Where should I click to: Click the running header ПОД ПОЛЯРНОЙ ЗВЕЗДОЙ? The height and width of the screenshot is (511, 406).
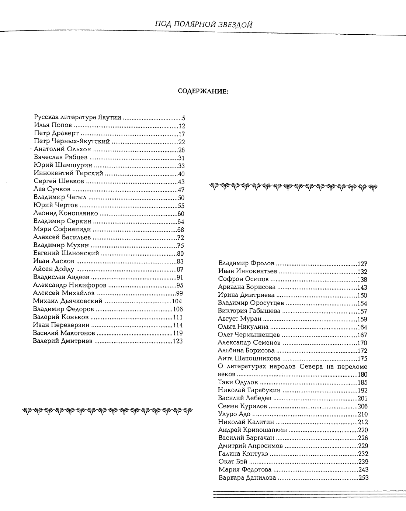[x=204, y=24]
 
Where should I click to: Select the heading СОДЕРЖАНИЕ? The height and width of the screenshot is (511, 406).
[x=203, y=91]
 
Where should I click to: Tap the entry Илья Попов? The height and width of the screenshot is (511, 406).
[x=53, y=125]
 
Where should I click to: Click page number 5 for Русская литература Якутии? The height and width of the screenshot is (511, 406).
[x=183, y=118]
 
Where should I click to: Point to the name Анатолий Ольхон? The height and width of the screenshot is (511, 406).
[x=62, y=149]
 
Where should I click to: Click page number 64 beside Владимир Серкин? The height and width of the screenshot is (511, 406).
[x=181, y=222]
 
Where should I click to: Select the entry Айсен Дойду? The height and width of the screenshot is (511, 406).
[x=54, y=269]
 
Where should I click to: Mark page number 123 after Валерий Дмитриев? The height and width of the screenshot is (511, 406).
[x=178, y=341]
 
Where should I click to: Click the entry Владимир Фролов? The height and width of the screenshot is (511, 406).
[x=246, y=263]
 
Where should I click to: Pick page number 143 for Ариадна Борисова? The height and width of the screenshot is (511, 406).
[x=362, y=287]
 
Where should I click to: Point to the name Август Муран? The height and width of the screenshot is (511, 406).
[x=240, y=319]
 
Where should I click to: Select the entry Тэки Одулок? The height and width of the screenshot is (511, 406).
[x=238, y=382]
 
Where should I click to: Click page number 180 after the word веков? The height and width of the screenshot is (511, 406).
[x=362, y=374]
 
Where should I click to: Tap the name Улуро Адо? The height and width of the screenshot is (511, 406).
[x=235, y=414]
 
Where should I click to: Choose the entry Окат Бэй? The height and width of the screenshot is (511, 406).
[x=233, y=462]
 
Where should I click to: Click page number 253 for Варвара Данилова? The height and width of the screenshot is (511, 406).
[x=363, y=478]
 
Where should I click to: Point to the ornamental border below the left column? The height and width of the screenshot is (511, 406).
[x=108, y=410]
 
